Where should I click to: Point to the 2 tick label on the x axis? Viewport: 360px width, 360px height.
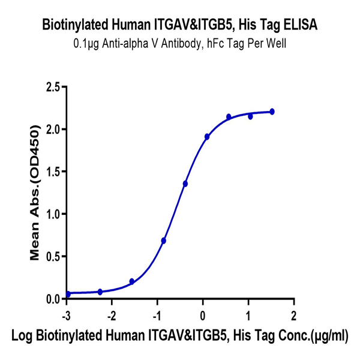(293, 315)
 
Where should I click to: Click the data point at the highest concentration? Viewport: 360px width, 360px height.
(272, 112)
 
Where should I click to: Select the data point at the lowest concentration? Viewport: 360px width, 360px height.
(68, 294)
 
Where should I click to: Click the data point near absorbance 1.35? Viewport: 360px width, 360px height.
(185, 184)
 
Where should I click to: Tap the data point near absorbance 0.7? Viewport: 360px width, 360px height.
(164, 241)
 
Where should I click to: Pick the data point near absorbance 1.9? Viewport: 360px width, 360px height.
(207, 137)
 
